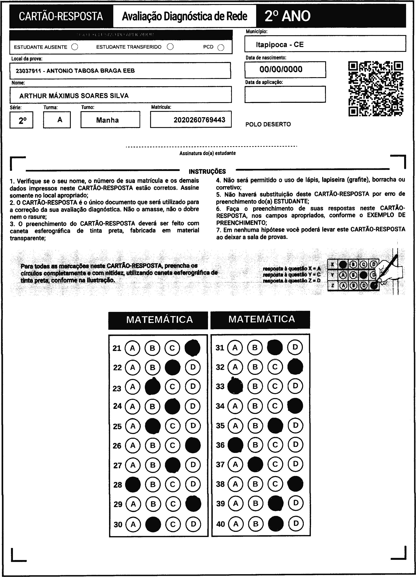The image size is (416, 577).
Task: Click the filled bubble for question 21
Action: (x=192, y=348)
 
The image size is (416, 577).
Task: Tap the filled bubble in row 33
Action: (x=235, y=386)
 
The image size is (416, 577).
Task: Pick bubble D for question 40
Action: (x=296, y=524)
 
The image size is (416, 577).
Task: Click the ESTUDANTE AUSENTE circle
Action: (x=75, y=47)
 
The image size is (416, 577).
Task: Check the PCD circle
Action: (x=221, y=48)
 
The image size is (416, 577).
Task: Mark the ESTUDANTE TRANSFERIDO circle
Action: (x=170, y=47)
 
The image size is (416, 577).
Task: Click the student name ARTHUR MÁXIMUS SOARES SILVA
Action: (x=74, y=96)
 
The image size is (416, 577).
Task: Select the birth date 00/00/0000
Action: (x=281, y=69)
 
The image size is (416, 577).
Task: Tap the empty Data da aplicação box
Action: (x=285, y=94)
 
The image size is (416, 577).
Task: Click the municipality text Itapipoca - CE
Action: (x=280, y=45)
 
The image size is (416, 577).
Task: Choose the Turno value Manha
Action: (x=107, y=120)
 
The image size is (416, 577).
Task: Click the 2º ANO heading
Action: (x=287, y=16)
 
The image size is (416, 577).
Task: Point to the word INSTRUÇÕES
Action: (x=207, y=172)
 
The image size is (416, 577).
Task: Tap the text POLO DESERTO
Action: (x=268, y=124)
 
